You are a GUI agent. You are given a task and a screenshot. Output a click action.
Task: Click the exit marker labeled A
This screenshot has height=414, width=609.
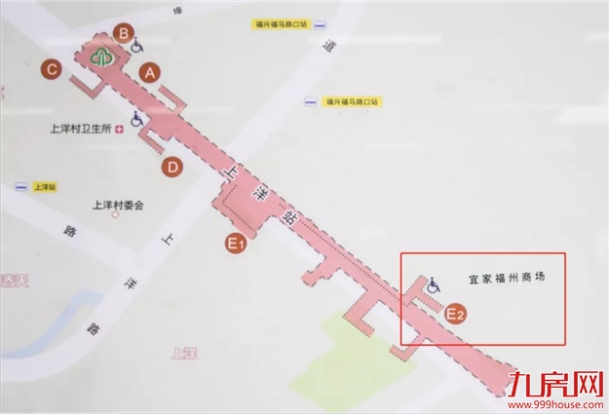pos(148,72)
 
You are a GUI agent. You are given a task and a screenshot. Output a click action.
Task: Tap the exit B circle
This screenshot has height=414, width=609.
pos(124,34)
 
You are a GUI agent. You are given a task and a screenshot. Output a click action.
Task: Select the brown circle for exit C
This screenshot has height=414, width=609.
pos(51,69)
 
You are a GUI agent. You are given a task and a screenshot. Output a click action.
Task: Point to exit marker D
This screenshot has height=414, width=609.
pos(171,168)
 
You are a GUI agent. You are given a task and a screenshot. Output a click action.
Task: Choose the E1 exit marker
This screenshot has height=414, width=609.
pos(235,244)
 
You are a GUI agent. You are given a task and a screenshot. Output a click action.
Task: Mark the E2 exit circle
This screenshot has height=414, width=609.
pos(455,314)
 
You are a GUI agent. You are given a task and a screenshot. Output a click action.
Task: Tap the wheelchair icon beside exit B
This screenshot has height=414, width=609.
pos(139,44)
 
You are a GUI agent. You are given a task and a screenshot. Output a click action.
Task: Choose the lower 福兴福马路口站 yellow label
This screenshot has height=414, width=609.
pos(353,100)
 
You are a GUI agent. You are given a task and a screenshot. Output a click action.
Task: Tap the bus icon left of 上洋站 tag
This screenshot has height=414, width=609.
pos(19,185)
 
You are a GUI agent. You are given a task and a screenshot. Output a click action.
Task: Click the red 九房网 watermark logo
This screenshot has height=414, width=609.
pos(555,384)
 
